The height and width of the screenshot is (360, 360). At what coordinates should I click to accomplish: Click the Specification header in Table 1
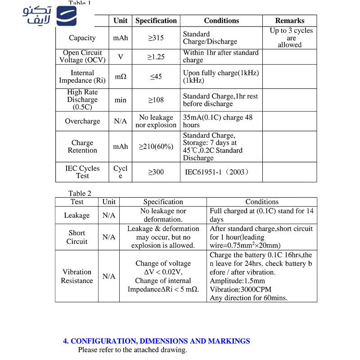pos(156,21)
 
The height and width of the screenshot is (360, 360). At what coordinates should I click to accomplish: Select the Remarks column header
pos(289,21)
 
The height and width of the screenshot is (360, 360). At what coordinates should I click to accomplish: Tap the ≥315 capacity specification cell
pos(156,38)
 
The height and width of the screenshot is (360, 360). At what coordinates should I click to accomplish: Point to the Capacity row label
pos(82,38)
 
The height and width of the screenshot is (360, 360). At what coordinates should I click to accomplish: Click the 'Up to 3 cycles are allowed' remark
pos(289,38)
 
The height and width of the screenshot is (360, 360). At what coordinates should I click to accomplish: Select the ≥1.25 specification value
pos(156,57)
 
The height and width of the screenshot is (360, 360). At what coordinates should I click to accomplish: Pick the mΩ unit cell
pos(121,76)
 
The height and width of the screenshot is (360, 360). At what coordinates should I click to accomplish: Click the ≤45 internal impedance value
pos(156,76)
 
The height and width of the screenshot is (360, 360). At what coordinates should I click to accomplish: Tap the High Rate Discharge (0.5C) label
pos(82,99)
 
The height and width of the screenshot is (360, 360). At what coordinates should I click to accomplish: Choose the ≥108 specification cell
pos(156,100)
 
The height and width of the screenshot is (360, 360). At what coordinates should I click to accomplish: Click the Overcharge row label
pos(82,121)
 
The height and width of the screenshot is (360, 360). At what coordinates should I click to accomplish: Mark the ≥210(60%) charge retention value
pos(156,147)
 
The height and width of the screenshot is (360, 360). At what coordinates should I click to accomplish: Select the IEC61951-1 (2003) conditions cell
pos(217,172)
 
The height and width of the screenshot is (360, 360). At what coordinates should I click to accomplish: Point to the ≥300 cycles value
pos(156,172)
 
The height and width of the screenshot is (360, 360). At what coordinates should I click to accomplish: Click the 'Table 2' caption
pos(80,193)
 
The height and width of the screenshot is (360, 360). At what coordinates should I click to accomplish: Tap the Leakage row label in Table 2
pos(77,215)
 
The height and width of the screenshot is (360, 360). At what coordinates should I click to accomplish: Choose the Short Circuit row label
pos(77,237)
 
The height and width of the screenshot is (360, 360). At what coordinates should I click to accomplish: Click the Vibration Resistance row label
pos(77,276)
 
